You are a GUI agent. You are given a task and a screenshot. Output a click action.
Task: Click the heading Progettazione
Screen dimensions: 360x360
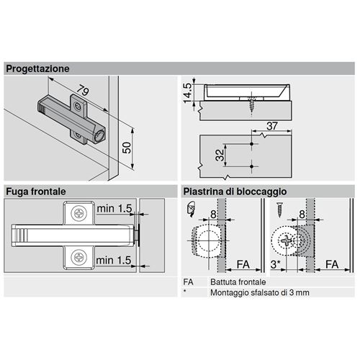coord(37,68)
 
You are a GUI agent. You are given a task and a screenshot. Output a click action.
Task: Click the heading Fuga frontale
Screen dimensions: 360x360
coord(36,192)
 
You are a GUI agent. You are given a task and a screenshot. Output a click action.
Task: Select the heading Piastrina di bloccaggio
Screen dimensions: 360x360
coord(235,192)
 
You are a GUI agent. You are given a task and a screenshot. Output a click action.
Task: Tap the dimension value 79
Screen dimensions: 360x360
coord(84,91)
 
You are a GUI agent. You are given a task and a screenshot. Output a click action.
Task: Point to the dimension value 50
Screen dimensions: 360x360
coord(127,148)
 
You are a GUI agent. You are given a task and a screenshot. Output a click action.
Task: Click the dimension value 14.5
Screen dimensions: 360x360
coord(187,93)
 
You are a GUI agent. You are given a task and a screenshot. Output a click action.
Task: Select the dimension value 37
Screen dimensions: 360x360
coord(272,126)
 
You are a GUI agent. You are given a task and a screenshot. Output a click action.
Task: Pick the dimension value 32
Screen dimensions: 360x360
coord(220,155)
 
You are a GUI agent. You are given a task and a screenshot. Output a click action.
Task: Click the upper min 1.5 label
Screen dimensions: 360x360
coord(114,209)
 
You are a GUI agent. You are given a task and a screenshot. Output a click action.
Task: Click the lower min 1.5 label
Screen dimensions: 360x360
coord(114,261)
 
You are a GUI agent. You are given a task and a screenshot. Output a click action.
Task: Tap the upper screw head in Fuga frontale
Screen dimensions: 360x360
coord(79,213)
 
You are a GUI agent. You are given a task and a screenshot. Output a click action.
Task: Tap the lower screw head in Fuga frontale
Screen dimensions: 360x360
coord(79,257)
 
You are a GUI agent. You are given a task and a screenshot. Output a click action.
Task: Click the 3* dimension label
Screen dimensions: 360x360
coord(275,264)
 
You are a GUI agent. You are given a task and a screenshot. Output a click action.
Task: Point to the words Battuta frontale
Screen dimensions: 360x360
coord(238,282)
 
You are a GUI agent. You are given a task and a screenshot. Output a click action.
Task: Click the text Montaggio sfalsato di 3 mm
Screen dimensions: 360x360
coord(260,293)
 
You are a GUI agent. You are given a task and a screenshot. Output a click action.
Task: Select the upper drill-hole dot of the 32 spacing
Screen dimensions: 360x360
coord(251,144)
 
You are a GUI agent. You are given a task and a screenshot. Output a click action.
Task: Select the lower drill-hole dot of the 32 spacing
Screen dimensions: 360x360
coord(251,166)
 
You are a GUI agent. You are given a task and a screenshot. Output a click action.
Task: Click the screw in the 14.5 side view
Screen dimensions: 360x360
coord(251,104)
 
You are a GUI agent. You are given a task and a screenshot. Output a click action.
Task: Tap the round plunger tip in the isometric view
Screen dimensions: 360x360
coord(99,136)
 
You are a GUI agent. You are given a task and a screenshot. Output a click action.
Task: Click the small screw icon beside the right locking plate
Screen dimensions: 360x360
coord(279,210)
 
